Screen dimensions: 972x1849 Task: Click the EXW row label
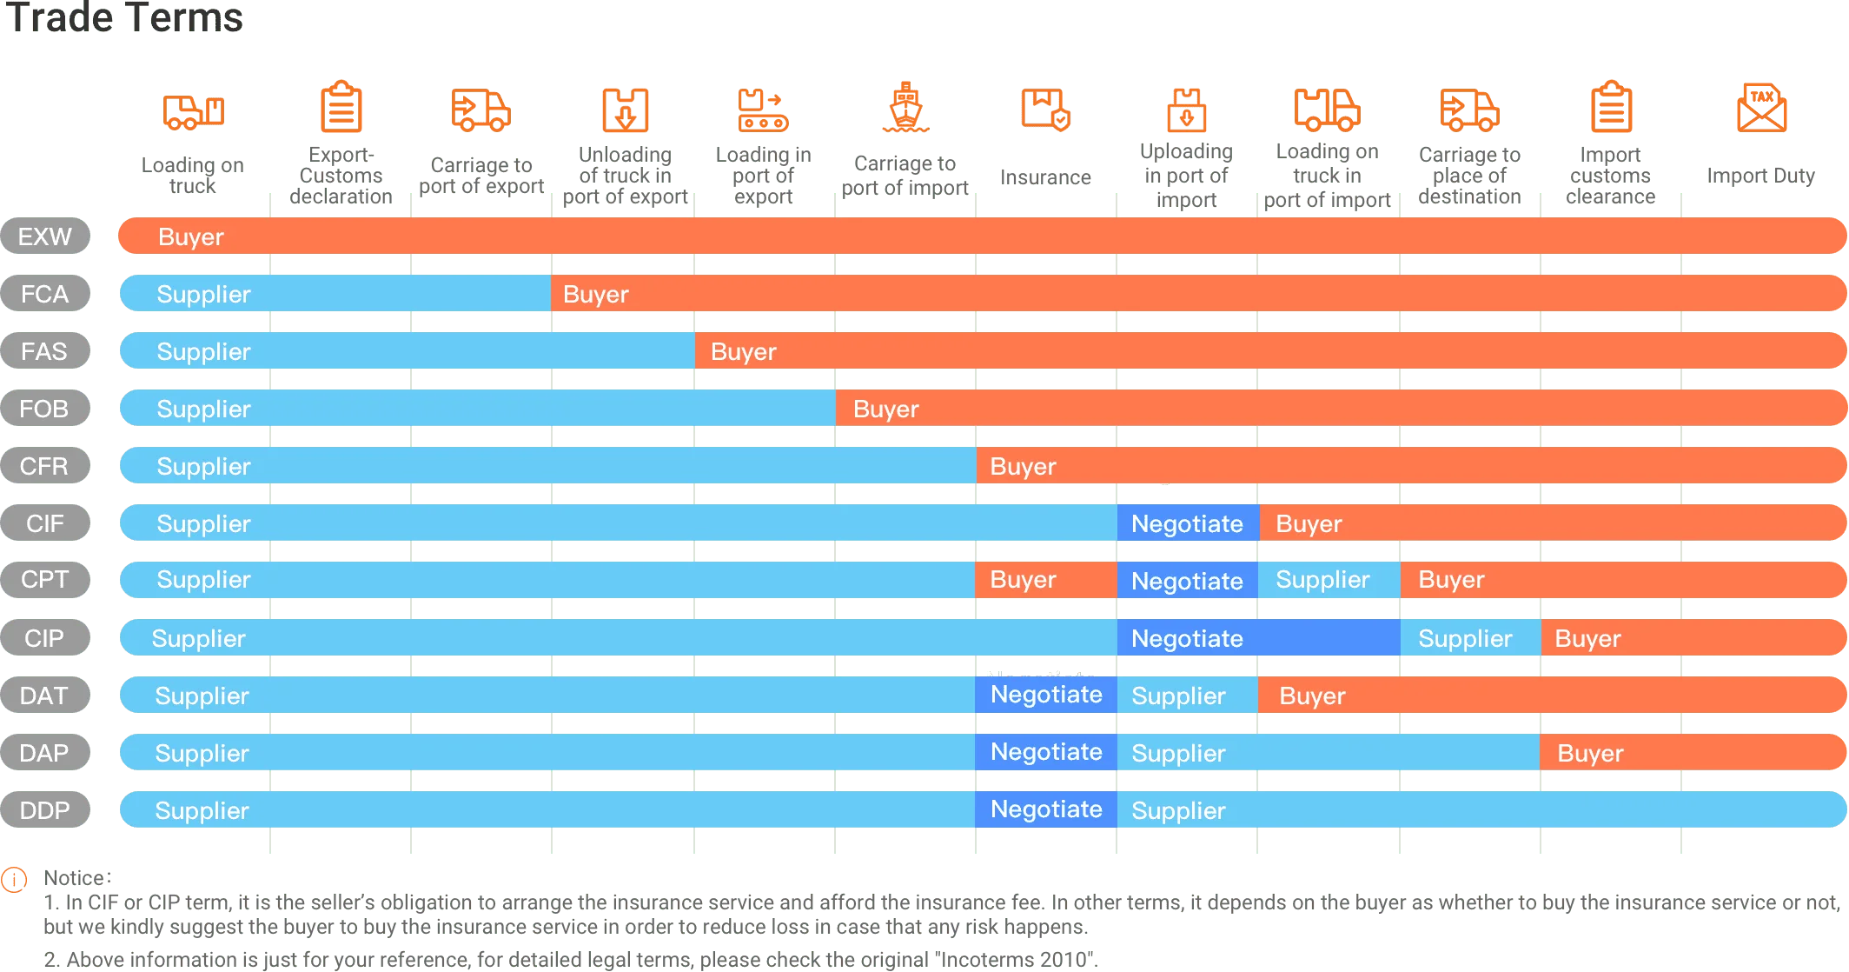[45, 236]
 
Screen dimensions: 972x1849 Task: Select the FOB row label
[44, 409]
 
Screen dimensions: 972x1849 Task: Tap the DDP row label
[44, 810]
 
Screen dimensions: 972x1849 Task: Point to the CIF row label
[44, 523]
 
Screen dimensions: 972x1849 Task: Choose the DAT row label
[44, 696]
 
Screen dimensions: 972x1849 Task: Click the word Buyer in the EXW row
[191, 236]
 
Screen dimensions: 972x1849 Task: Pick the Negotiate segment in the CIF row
[1187, 523]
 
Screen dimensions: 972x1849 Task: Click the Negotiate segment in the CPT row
[1187, 580]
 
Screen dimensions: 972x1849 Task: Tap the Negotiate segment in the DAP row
[1046, 752]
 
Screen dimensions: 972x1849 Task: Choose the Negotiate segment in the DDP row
[1046, 809]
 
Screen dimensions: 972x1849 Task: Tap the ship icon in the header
[905, 108]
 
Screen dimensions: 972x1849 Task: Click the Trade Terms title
[124, 19]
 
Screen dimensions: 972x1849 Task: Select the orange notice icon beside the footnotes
[14, 880]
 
